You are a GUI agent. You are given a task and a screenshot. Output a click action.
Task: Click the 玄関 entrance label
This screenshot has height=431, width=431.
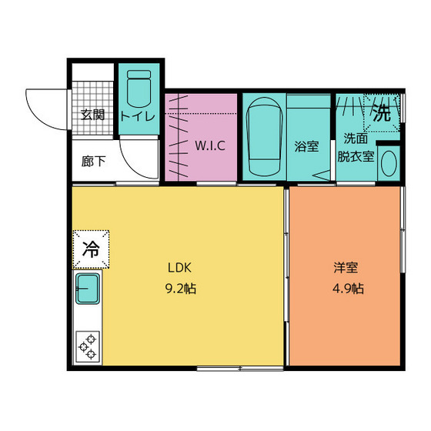93,115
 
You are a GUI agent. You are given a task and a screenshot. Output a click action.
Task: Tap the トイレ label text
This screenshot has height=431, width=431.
139,116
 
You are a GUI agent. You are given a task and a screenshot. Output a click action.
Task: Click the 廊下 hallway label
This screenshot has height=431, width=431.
93,162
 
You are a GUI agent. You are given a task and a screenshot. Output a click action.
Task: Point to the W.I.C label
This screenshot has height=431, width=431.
209,145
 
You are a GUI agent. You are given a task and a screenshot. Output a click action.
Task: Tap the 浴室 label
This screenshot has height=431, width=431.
306,146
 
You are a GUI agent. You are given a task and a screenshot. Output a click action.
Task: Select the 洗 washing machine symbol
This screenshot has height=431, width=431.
383,112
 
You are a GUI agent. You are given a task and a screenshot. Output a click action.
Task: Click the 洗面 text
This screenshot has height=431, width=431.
355,139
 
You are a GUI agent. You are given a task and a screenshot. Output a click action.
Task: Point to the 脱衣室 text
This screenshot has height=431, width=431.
356,156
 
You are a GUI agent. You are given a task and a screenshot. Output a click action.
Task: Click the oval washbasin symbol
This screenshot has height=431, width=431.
389,163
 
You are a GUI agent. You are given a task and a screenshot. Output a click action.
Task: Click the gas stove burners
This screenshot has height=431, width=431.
88,346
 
